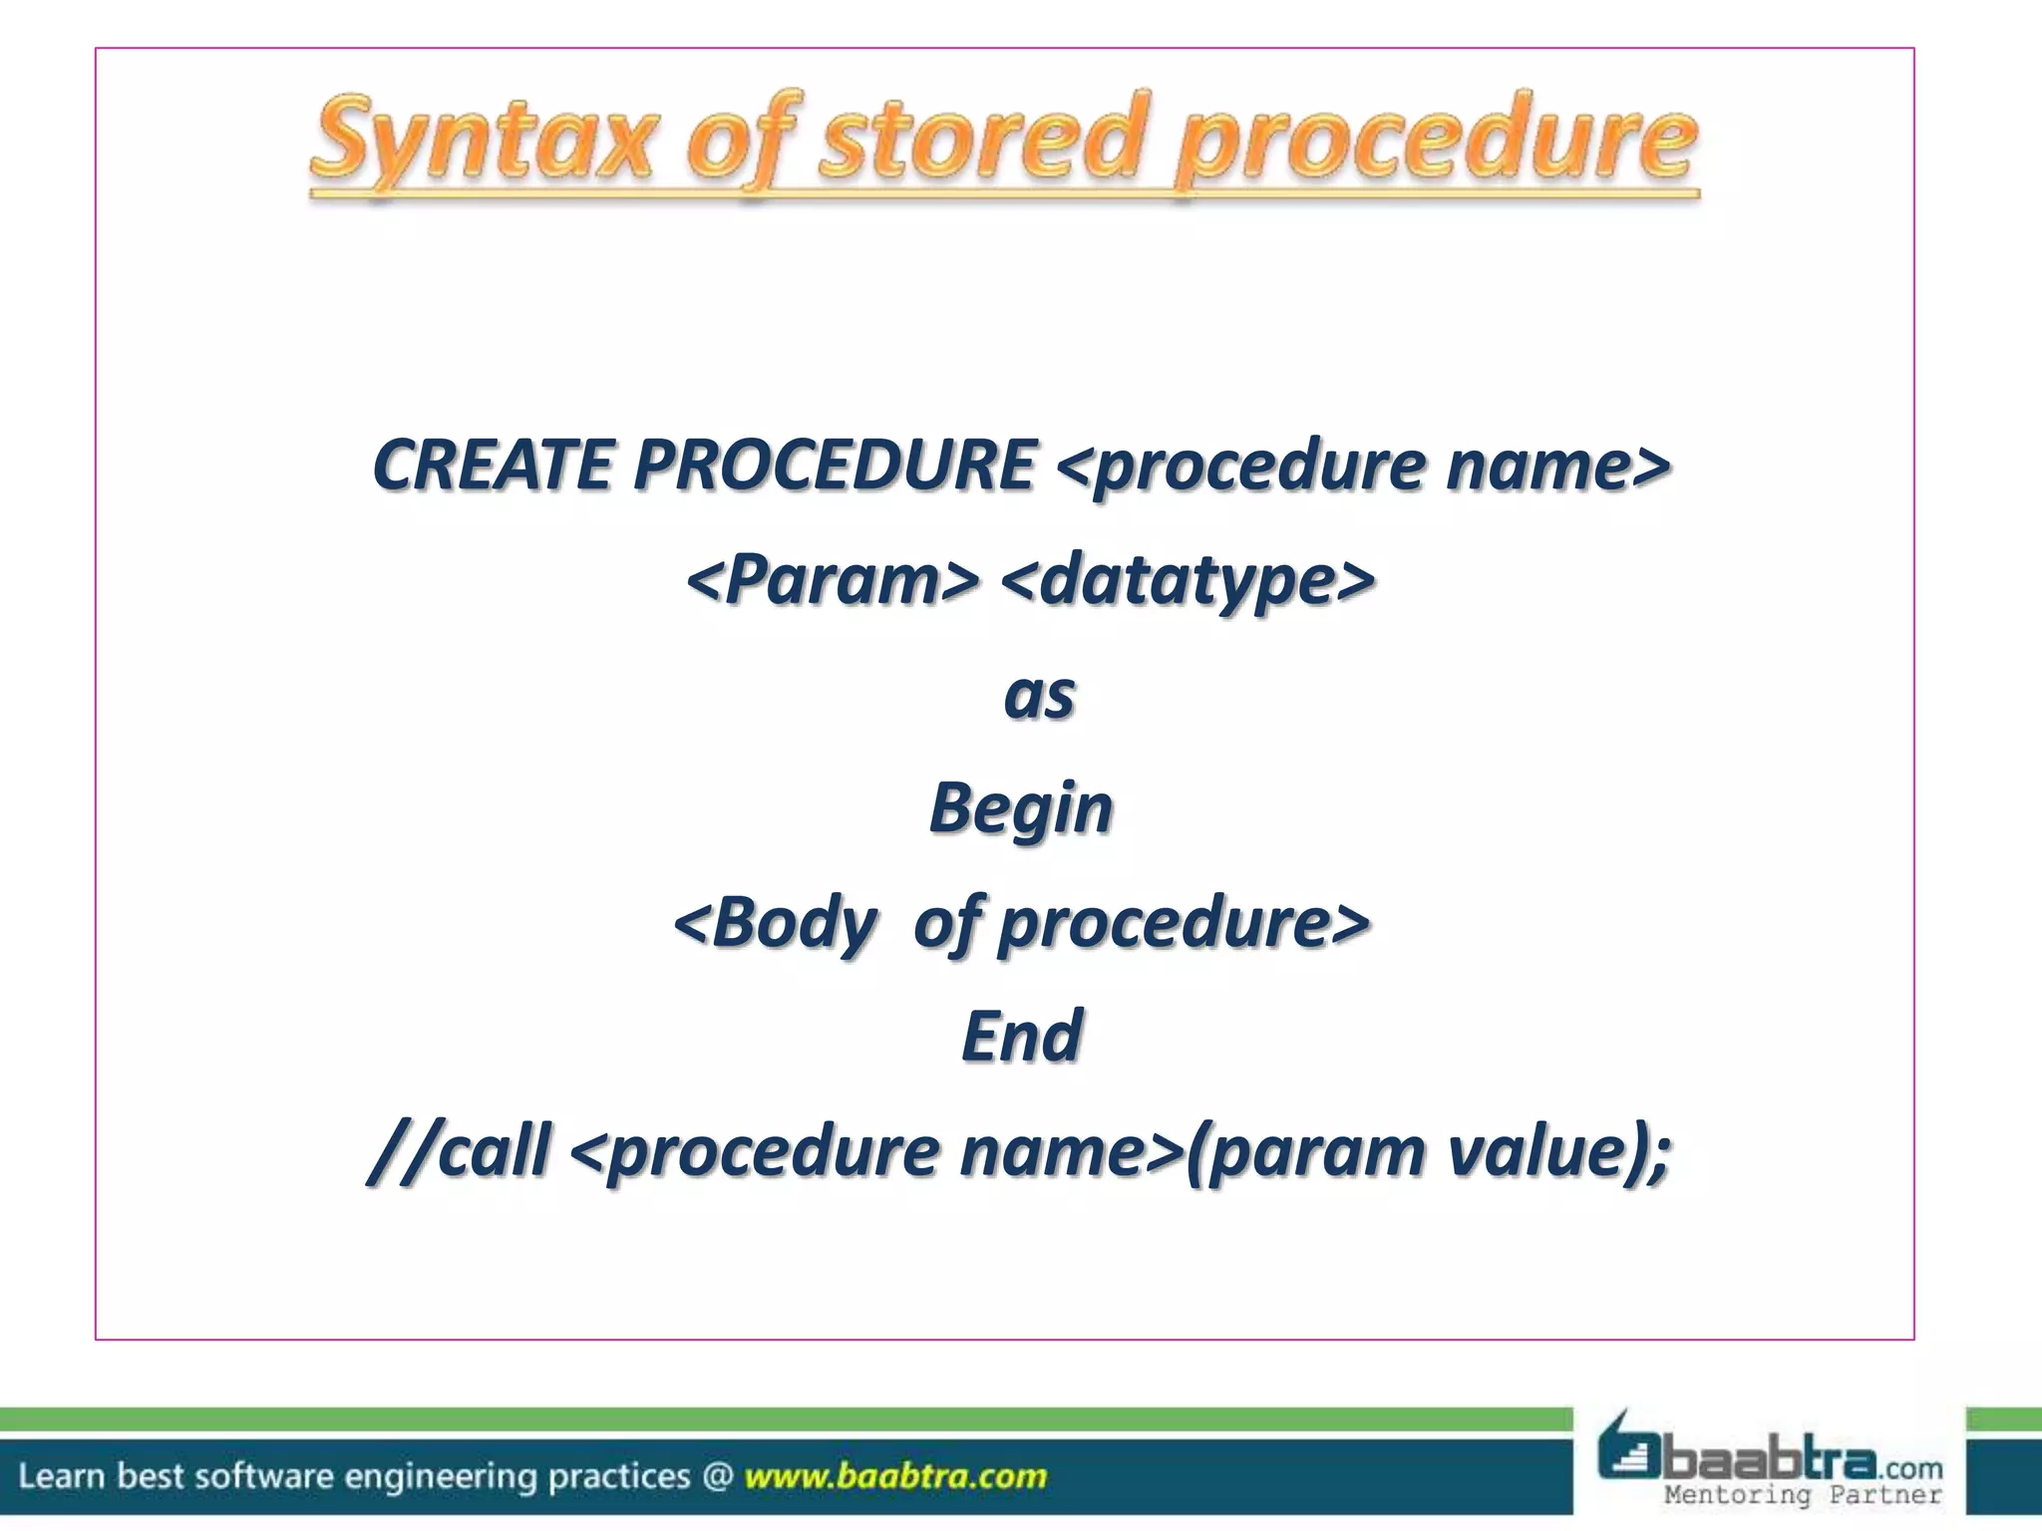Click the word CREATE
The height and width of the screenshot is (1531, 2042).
pyautogui.click(x=493, y=465)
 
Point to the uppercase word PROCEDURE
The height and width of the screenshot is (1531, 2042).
pyautogui.click(x=836, y=465)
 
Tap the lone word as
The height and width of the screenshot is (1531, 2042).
pyautogui.click(x=1039, y=695)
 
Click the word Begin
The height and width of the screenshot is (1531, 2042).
pyautogui.click(x=1021, y=808)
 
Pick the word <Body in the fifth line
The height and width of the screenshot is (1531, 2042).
pyautogui.click(x=776, y=922)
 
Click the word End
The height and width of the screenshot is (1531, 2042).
pyautogui.click(x=1022, y=1036)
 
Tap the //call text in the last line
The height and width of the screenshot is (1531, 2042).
pyautogui.click(x=460, y=1151)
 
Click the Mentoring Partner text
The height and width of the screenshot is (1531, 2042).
pyautogui.click(x=1803, y=1494)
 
